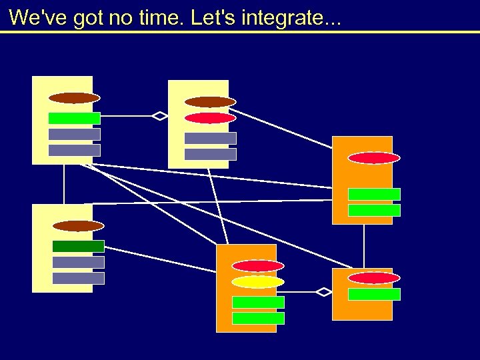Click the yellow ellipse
[258, 282]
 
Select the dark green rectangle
[78, 246]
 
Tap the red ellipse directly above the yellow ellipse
[258, 266]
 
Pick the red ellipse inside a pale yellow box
[210, 118]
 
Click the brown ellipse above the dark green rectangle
[78, 226]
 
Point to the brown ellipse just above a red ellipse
[210, 102]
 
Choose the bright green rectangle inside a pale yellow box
[74, 118]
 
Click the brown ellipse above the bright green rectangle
[74, 98]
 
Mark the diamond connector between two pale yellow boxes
[159, 116]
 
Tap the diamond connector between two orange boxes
[323, 292]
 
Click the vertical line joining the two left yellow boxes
[64, 184]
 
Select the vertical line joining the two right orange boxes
[364, 246]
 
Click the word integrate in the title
[281, 18]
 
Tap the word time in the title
[161, 18]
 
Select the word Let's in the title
[213, 18]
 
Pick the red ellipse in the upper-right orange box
[374, 158]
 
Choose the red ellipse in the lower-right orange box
[374, 278]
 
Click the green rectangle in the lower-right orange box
[374, 294]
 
